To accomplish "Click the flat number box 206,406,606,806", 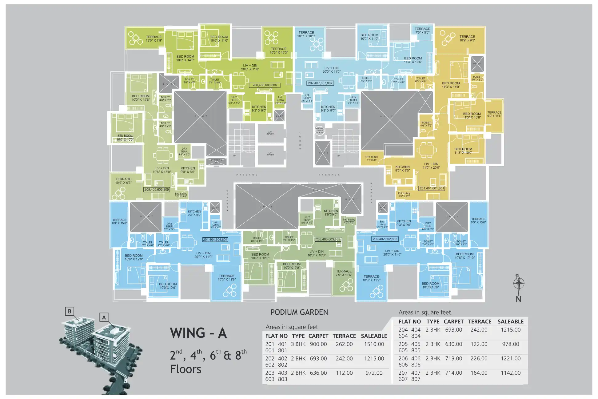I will [265, 85].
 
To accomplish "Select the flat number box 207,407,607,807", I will [320, 83].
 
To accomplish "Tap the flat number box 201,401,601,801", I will [432, 188].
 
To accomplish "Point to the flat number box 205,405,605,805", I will [157, 190].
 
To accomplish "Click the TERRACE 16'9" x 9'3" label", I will [467, 38].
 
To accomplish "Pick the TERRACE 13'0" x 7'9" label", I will [154, 38].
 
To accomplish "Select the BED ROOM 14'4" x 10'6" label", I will [413, 60].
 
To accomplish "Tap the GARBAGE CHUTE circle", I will [320, 130].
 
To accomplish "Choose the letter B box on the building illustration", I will [70, 311].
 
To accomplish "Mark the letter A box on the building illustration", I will [104, 317].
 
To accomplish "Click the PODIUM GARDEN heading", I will [299, 312].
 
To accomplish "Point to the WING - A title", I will [198, 333].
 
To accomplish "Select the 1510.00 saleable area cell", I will [374, 344].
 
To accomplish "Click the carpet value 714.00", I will [454, 373].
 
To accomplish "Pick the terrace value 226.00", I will [479, 358].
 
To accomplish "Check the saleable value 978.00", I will [511, 344].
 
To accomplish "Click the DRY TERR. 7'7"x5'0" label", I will [371, 159].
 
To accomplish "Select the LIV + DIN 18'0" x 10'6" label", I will [317, 253].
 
